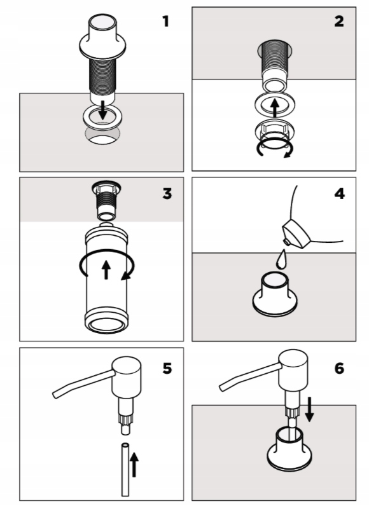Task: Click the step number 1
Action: click(165, 22)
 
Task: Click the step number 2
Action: click(339, 22)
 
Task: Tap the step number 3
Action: click(167, 194)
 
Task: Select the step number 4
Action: click(339, 194)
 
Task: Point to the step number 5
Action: click(167, 368)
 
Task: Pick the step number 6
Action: click(339, 368)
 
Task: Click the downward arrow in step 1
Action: click(102, 109)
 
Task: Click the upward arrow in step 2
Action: click(274, 108)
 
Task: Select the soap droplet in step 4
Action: click(281, 260)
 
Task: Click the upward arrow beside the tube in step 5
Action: click(134, 465)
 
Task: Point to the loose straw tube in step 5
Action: click(125, 470)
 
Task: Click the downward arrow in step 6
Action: click(309, 409)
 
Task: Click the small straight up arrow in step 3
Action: click(106, 270)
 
